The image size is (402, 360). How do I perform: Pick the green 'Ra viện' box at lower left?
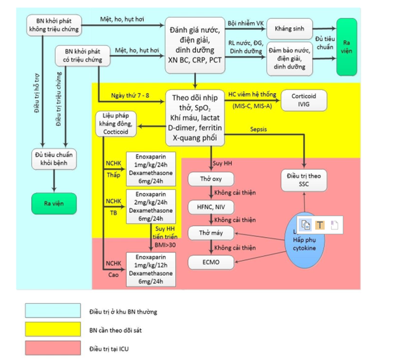tap(55, 204)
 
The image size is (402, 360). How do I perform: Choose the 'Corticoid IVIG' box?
tap(304, 100)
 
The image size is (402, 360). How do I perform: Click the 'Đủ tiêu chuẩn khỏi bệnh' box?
tap(55, 160)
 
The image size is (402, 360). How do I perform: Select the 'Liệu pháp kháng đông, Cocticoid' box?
tap(118, 122)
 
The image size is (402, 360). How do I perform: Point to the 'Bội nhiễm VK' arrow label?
tap(246, 22)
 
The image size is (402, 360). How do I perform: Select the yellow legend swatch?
tap(53, 329)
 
